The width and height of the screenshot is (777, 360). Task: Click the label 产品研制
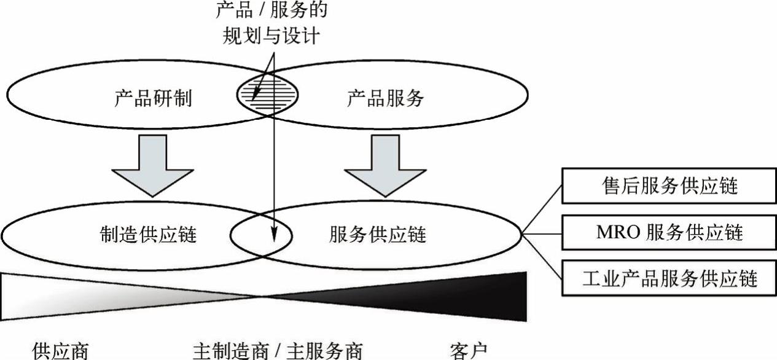tap(153, 99)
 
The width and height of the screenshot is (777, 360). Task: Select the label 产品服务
tap(386, 99)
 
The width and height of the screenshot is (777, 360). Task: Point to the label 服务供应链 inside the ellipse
tap(378, 234)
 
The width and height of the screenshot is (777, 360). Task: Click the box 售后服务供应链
tap(669, 186)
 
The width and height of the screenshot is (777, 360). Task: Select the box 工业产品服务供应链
tap(669, 280)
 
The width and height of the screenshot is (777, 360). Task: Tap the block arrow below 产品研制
tap(152, 165)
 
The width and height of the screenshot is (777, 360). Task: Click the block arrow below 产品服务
tap(385, 165)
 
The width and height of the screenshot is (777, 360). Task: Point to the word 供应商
tap(60, 351)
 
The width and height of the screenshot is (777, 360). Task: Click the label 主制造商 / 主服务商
tap(278, 351)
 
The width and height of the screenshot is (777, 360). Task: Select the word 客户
tap(468, 351)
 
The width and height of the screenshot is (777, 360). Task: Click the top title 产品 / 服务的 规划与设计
tap(270, 23)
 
